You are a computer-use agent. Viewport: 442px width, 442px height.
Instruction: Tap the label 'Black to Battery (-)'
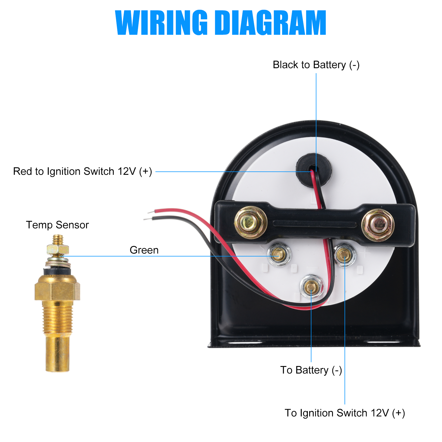[x=316, y=65]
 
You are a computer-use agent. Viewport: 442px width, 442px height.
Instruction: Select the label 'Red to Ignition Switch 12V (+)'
[x=83, y=171]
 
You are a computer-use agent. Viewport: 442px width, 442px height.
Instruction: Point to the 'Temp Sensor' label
[x=57, y=225]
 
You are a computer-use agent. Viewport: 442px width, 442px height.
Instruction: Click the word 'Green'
[x=144, y=250]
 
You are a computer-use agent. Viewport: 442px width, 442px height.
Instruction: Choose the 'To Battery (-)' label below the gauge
[x=311, y=370]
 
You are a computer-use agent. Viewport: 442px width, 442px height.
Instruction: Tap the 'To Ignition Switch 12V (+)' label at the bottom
[x=345, y=413]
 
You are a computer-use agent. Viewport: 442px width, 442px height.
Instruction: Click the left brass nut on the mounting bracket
[x=250, y=222]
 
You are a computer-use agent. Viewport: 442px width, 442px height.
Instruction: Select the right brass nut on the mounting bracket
[x=378, y=225]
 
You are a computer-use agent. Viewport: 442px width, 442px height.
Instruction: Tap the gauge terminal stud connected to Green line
[x=279, y=254]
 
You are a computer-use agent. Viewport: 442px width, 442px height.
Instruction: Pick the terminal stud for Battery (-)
[x=311, y=286]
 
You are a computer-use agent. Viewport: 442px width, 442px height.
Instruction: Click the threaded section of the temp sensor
[x=57, y=318]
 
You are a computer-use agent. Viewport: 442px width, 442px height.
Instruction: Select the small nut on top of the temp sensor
[x=57, y=250]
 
